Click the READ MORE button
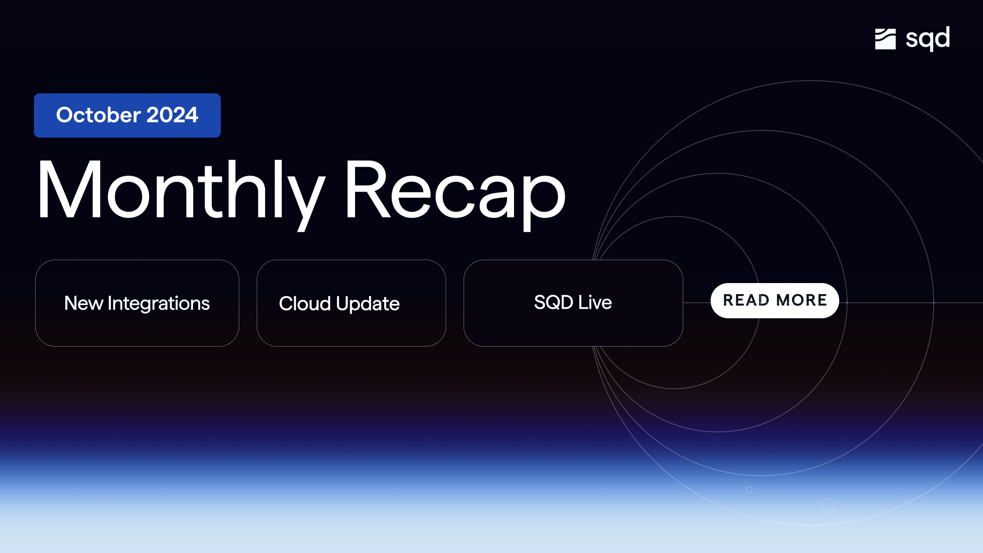775,300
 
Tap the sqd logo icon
885,39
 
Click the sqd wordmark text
928,39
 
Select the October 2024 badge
127,115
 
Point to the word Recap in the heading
455,190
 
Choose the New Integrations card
137,303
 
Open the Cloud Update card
351,303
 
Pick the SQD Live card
573,303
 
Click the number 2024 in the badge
172,115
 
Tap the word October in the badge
99,115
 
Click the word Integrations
159,304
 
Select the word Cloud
305,304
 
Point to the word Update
368,304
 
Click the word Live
595,302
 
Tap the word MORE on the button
802,300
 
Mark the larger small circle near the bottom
828,506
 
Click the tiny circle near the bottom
750,490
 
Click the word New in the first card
84,304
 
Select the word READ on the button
746,300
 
